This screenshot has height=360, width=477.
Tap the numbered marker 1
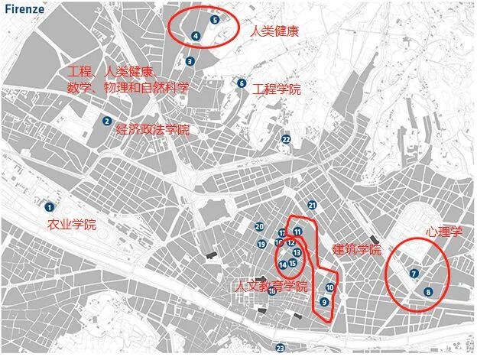coord(49,206)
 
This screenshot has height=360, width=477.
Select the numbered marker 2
coord(107,120)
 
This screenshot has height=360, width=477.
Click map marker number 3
coord(190,62)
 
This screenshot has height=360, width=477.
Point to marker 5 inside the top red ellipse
coord(215,20)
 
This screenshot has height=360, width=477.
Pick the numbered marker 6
coord(242,83)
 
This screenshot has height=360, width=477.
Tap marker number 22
coord(286,140)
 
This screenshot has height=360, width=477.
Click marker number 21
coord(312,205)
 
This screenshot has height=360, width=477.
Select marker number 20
coord(260,226)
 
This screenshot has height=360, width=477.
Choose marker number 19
coord(261,244)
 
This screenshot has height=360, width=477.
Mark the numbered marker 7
coord(414,273)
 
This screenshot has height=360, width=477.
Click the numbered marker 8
coord(428,291)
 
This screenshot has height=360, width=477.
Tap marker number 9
coord(325,302)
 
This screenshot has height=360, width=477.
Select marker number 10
coord(329,288)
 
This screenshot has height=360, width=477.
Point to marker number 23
coord(281,348)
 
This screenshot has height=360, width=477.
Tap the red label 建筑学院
coord(357,250)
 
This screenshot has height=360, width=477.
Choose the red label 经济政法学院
coord(152,130)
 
